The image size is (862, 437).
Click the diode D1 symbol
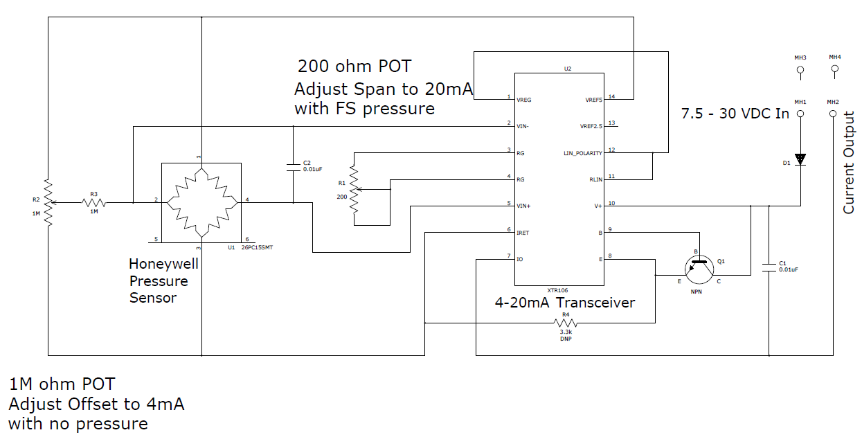800,159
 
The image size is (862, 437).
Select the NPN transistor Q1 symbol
699,269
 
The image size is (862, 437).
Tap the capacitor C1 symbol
769,267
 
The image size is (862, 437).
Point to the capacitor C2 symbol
294,167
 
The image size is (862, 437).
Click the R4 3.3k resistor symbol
565,323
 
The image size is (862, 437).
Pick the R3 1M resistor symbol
94,202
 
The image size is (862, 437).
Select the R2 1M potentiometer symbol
48,202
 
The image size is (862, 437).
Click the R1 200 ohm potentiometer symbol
354,190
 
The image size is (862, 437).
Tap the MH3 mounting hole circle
800,70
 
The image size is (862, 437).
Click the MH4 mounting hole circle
835,69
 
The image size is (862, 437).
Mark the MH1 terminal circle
800,114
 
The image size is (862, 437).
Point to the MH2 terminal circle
833,114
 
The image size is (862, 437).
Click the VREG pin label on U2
523,100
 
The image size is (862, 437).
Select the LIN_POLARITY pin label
583,153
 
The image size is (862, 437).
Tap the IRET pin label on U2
523,233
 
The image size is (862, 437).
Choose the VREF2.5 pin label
591,126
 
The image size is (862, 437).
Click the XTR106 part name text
557,290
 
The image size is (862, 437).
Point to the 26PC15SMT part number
257,247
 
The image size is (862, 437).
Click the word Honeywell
163,265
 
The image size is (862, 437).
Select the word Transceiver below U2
595,303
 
